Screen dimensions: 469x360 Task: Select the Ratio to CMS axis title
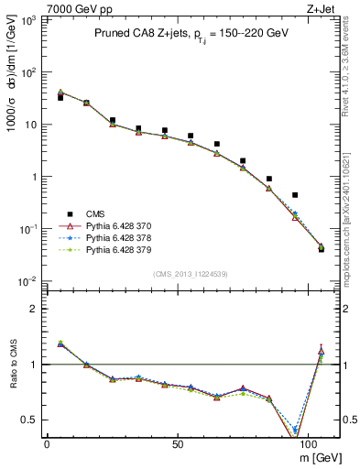tap(13, 364)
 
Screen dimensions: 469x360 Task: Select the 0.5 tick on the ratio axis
tap(27, 420)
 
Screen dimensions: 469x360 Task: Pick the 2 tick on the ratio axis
tap(32, 309)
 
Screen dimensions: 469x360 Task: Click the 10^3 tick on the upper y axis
tap(28, 19)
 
